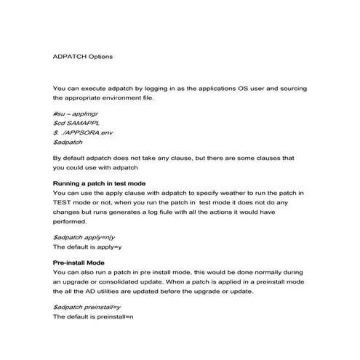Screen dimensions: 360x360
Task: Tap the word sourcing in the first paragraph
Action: pos(290,87)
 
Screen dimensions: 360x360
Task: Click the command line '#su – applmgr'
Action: pos(75,114)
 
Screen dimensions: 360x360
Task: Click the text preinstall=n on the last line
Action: pos(116,316)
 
